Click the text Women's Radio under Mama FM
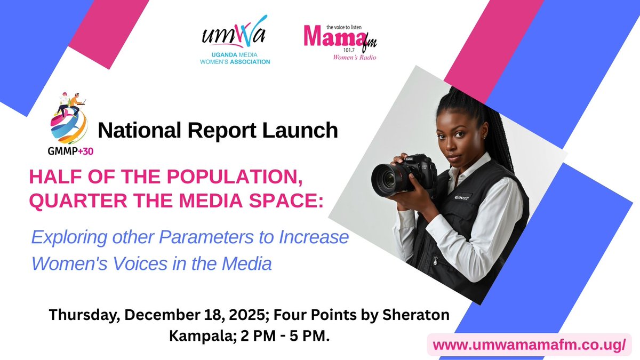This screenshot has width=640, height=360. pos(355,57)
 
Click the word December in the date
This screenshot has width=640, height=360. pos(155,315)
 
